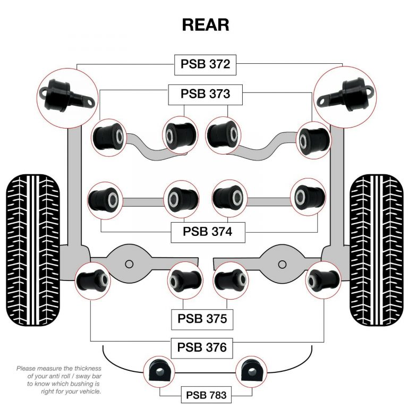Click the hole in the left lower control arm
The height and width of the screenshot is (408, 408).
pyautogui.click(x=129, y=264)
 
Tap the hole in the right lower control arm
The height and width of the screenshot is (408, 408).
pyautogui.click(x=280, y=264)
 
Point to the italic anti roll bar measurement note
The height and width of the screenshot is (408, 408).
pyautogui.click(x=58, y=379)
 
